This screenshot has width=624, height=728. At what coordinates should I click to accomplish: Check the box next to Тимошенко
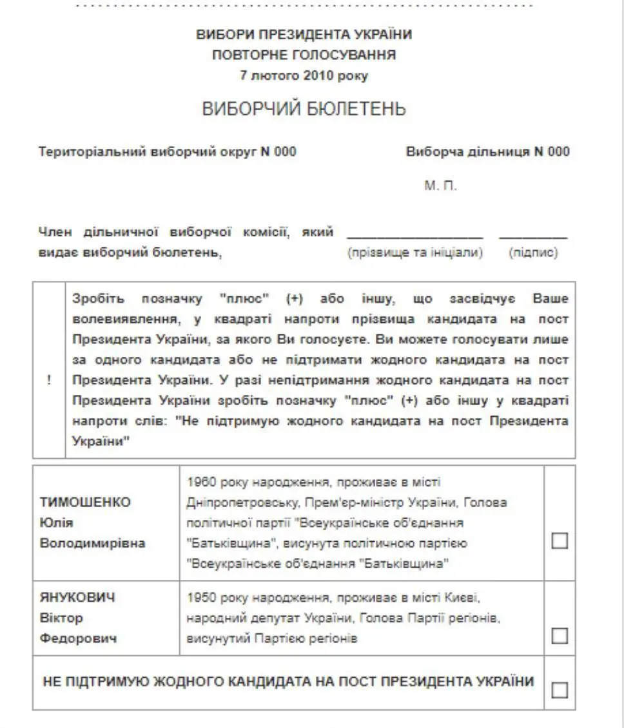[560, 541]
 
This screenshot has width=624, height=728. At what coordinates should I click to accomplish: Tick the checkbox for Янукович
[560, 636]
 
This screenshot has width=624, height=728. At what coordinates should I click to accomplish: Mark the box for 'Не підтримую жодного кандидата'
[560, 690]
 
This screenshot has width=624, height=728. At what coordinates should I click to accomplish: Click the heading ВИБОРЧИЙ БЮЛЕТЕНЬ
[304, 109]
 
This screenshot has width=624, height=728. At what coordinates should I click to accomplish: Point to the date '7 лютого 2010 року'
[304, 75]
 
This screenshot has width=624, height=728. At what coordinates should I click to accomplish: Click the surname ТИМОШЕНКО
[85, 502]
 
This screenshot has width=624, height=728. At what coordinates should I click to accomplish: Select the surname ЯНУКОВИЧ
[77, 597]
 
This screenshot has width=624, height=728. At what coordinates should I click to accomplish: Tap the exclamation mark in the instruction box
[49, 380]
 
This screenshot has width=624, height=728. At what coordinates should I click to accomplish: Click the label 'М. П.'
[440, 186]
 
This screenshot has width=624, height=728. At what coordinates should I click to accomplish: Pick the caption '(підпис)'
[533, 253]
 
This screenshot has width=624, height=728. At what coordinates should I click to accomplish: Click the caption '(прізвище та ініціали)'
[415, 253]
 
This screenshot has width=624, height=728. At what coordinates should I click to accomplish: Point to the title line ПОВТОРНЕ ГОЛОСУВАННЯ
[304, 55]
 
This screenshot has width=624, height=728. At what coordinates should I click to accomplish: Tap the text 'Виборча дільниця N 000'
[488, 152]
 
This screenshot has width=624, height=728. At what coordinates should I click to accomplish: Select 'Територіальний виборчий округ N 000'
[168, 152]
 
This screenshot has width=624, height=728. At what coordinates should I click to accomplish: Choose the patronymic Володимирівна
[93, 542]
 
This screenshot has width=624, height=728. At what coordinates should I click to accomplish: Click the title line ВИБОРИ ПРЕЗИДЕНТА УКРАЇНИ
[304, 34]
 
